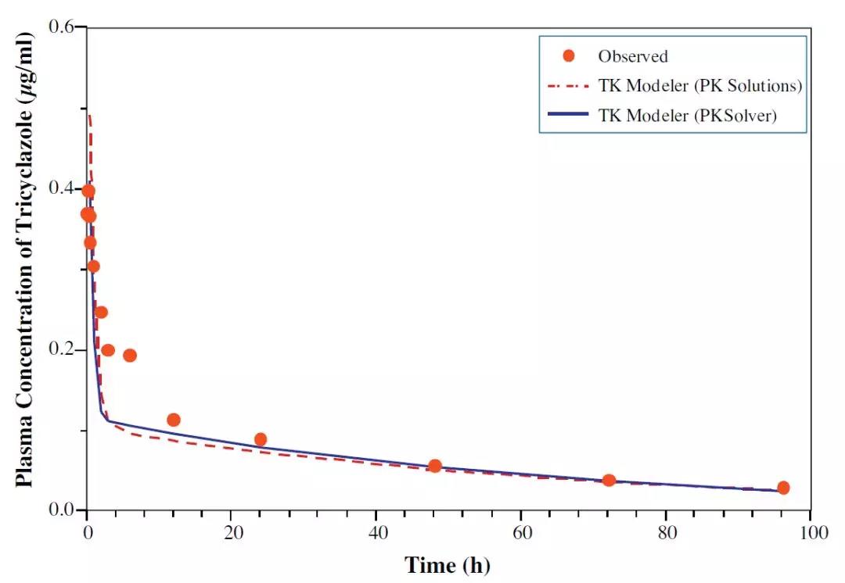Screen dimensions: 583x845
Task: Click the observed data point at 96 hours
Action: pyautogui.click(x=783, y=488)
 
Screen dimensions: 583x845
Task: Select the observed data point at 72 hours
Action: pyautogui.click(x=609, y=480)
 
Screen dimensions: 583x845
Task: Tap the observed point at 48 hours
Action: pyautogui.click(x=435, y=466)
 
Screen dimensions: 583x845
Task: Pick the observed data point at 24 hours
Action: pyautogui.click(x=261, y=439)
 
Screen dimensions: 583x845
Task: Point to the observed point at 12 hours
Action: pyautogui.click(x=174, y=420)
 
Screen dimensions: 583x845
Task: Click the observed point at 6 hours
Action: pyautogui.click(x=130, y=356)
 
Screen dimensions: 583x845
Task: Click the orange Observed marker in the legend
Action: pyautogui.click(x=569, y=55)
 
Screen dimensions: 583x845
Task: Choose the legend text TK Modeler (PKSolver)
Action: pyautogui.click(x=688, y=116)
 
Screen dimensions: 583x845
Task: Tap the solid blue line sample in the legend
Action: pyautogui.click(x=569, y=116)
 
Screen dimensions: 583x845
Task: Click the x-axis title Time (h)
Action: pyautogui.click(x=447, y=564)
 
